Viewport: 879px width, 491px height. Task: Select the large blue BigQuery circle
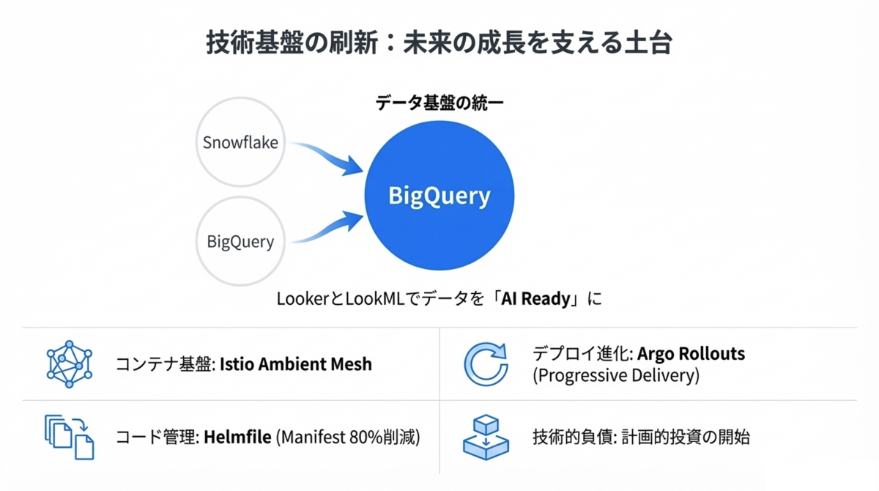(439, 195)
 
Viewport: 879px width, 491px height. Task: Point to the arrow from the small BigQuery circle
(330, 228)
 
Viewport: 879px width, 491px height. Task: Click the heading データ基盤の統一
(439, 103)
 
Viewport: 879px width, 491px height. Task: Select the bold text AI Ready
(535, 299)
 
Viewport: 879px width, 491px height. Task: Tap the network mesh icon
(69, 363)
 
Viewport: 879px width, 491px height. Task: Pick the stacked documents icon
(70, 437)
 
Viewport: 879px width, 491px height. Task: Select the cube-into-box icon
(486, 437)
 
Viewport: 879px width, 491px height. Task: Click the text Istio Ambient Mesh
(295, 363)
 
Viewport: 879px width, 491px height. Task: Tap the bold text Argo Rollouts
(691, 353)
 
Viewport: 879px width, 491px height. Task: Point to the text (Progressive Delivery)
(616, 375)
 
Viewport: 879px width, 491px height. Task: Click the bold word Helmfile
(237, 437)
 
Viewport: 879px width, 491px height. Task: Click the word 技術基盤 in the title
(255, 43)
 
